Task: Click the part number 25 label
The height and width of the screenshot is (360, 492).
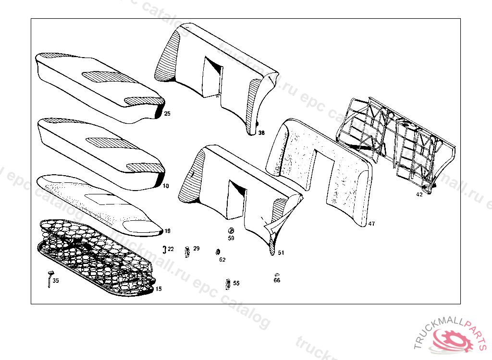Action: pyautogui.click(x=167, y=114)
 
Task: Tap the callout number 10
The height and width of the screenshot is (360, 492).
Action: pyautogui.click(x=166, y=185)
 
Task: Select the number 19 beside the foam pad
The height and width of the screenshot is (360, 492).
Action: pyautogui.click(x=167, y=231)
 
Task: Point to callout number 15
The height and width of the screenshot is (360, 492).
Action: pyautogui.click(x=159, y=289)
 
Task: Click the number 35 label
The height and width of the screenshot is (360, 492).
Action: pyautogui.click(x=56, y=281)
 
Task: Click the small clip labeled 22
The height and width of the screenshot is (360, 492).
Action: pyautogui.click(x=164, y=249)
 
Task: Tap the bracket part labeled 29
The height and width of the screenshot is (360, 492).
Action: pyautogui.click(x=187, y=251)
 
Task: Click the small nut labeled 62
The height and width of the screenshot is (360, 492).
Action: pyautogui.click(x=218, y=252)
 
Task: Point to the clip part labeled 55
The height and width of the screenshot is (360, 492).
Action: pyautogui.click(x=227, y=284)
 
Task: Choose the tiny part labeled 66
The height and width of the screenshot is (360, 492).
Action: pyautogui.click(x=277, y=274)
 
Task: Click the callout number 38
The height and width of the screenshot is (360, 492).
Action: pyautogui.click(x=261, y=132)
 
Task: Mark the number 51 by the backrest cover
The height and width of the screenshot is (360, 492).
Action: pyautogui.click(x=281, y=252)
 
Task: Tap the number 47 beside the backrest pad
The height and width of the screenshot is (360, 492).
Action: pyautogui.click(x=371, y=224)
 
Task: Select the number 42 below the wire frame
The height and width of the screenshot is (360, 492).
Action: pyautogui.click(x=419, y=194)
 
